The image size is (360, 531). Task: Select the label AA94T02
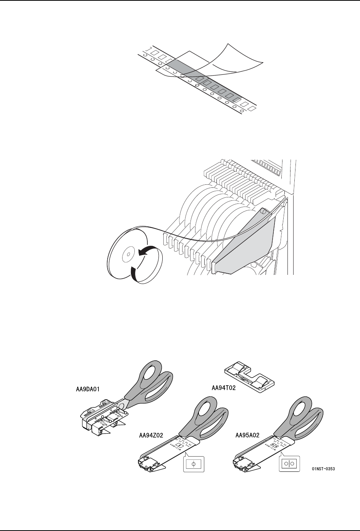tap(228, 388)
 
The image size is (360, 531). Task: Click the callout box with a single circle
tap(194, 464)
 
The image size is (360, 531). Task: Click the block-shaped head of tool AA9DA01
tap(95, 416)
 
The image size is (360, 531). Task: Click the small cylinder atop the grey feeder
tap(263, 211)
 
